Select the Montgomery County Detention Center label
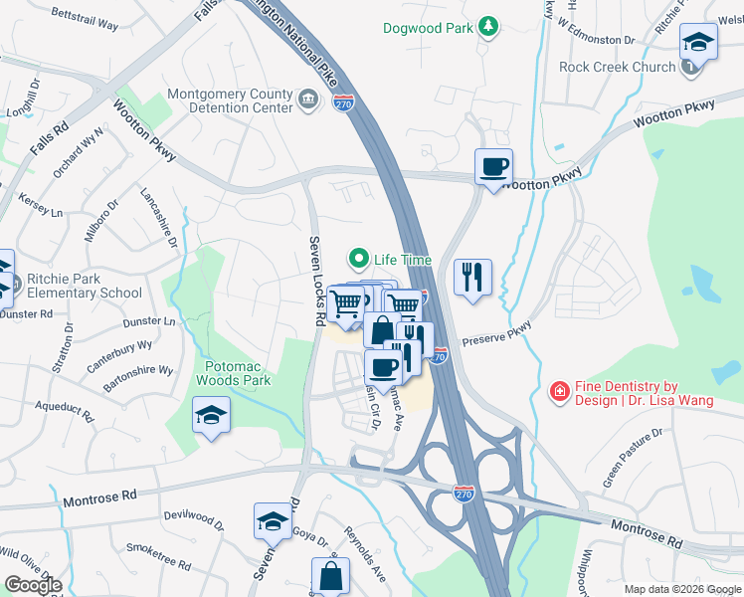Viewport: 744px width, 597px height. (230, 101)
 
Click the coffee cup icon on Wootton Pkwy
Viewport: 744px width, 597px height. (492, 165)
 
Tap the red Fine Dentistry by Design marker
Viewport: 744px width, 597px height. (560, 393)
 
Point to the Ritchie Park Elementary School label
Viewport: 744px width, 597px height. (85, 286)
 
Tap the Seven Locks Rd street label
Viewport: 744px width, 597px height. (316, 283)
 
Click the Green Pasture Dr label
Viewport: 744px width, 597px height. (633, 459)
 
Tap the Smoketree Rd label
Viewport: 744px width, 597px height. (158, 555)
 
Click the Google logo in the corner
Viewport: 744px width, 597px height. (33, 585)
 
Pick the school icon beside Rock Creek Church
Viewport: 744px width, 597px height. (698, 45)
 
